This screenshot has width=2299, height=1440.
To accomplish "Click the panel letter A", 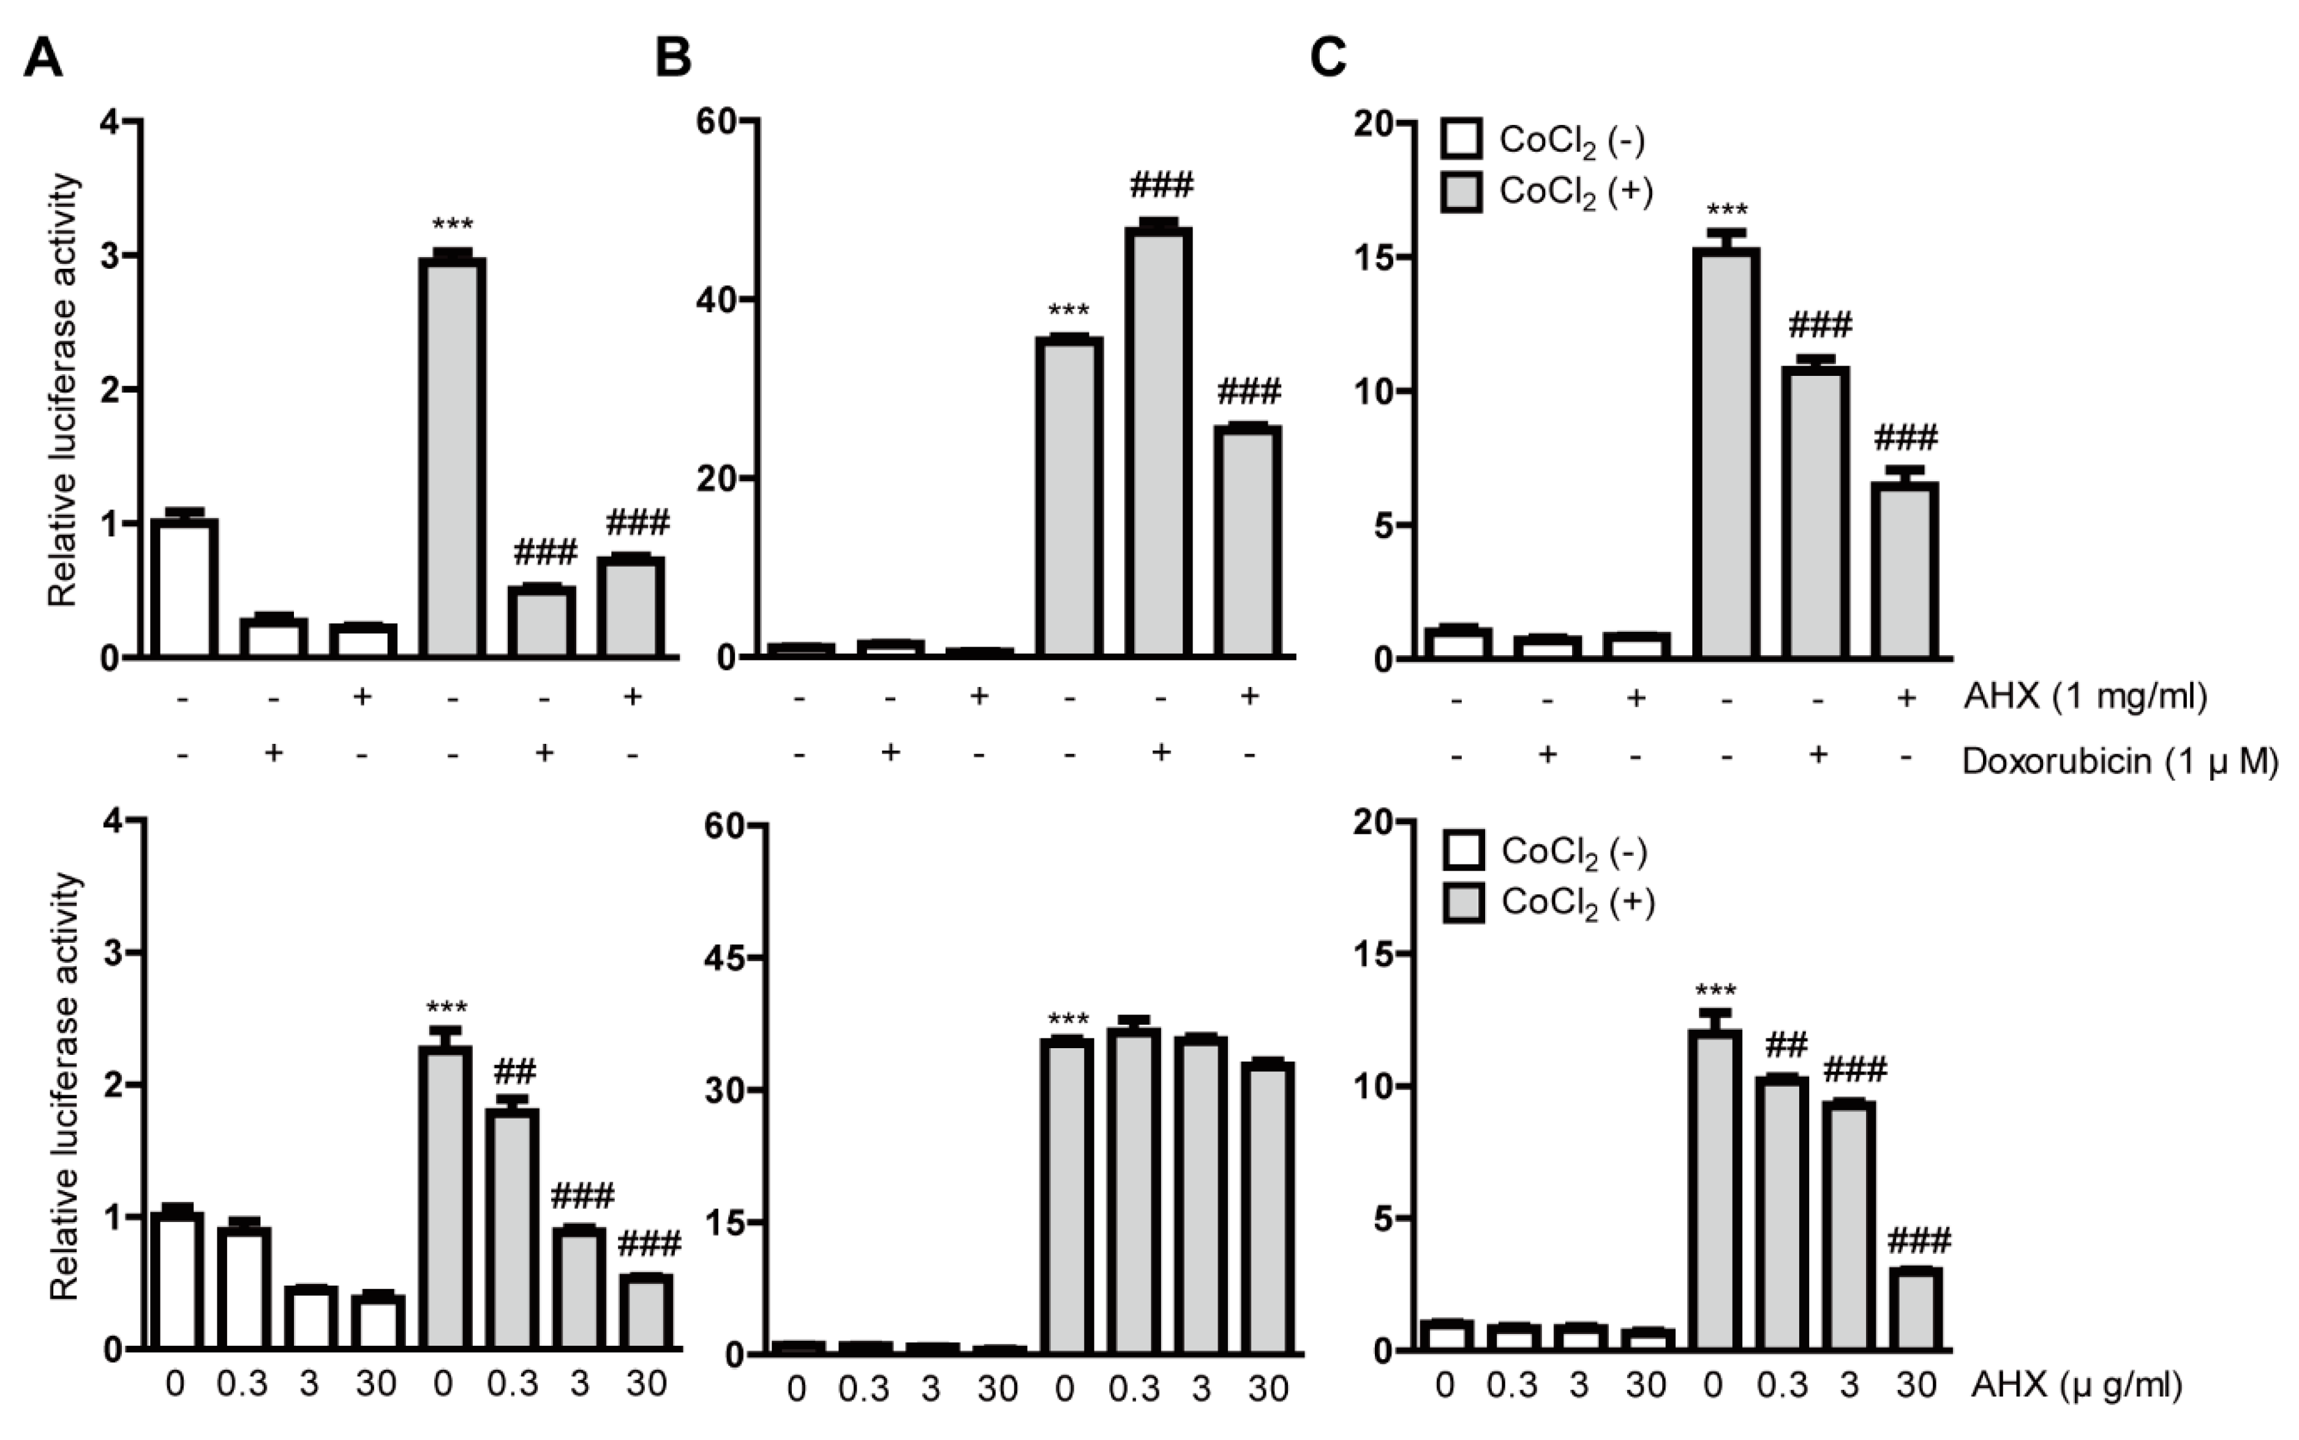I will click(43, 59).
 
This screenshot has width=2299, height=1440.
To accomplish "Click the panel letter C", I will click(1328, 59).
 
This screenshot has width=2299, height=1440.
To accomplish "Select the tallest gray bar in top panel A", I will click(453, 457).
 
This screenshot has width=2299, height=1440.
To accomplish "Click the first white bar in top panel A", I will click(185, 588).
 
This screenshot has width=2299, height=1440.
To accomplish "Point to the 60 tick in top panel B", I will click(716, 122).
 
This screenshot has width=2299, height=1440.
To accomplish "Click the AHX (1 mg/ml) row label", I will click(2084, 697).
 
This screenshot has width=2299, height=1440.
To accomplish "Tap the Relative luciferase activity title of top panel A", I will click(63, 391).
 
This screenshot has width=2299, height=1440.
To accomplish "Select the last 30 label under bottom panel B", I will click(1268, 1390).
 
